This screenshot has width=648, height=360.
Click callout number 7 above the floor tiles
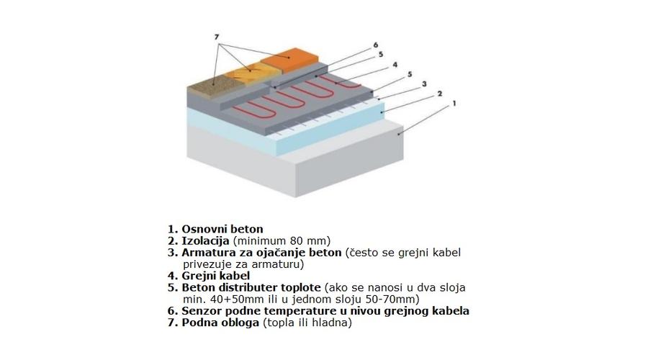[217, 37]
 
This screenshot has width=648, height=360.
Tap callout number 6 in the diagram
[376, 45]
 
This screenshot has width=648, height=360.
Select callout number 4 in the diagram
[395, 65]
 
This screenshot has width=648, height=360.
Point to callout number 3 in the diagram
[424, 84]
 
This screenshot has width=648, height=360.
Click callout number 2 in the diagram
[440, 94]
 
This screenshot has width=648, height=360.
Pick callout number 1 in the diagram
[454, 104]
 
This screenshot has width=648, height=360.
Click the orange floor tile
[289, 60]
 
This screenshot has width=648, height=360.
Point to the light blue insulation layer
[285, 128]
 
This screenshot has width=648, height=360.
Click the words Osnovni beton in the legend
[222, 229]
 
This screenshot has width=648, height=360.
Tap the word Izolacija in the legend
[205, 241]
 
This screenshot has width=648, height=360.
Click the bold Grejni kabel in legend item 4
[216, 276]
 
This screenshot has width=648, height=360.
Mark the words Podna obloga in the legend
[220, 323]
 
